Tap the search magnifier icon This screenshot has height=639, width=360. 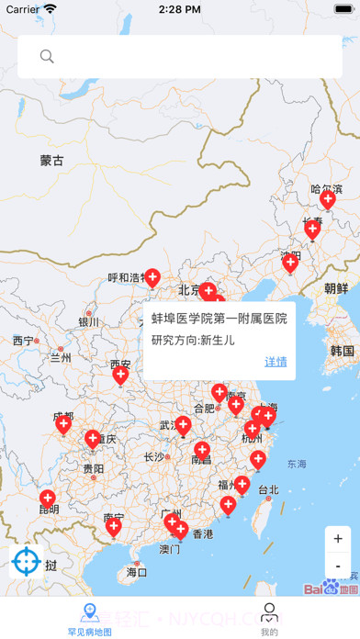pos(47,57)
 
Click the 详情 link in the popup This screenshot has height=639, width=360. pos(276,362)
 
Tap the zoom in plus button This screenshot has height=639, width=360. pos(338,539)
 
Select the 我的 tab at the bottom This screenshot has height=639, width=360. pos(269,619)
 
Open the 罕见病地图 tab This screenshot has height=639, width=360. pos(90,619)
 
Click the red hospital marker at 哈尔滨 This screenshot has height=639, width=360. pos(327,199)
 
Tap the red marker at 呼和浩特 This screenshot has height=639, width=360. pos(152,276)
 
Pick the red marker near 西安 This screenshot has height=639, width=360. pos(120,374)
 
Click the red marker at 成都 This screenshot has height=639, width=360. pos(63,422)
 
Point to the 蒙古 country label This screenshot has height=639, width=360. pos(52,161)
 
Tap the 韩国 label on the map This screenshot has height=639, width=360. pos(342,351)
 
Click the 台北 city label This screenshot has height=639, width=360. pos(267,489)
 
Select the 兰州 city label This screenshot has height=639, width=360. pos(61,357)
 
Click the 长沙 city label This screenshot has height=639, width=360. pos(154,456)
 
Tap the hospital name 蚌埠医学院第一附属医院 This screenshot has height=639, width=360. pos(219,319)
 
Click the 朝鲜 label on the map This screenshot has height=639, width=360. pos(336,288)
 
